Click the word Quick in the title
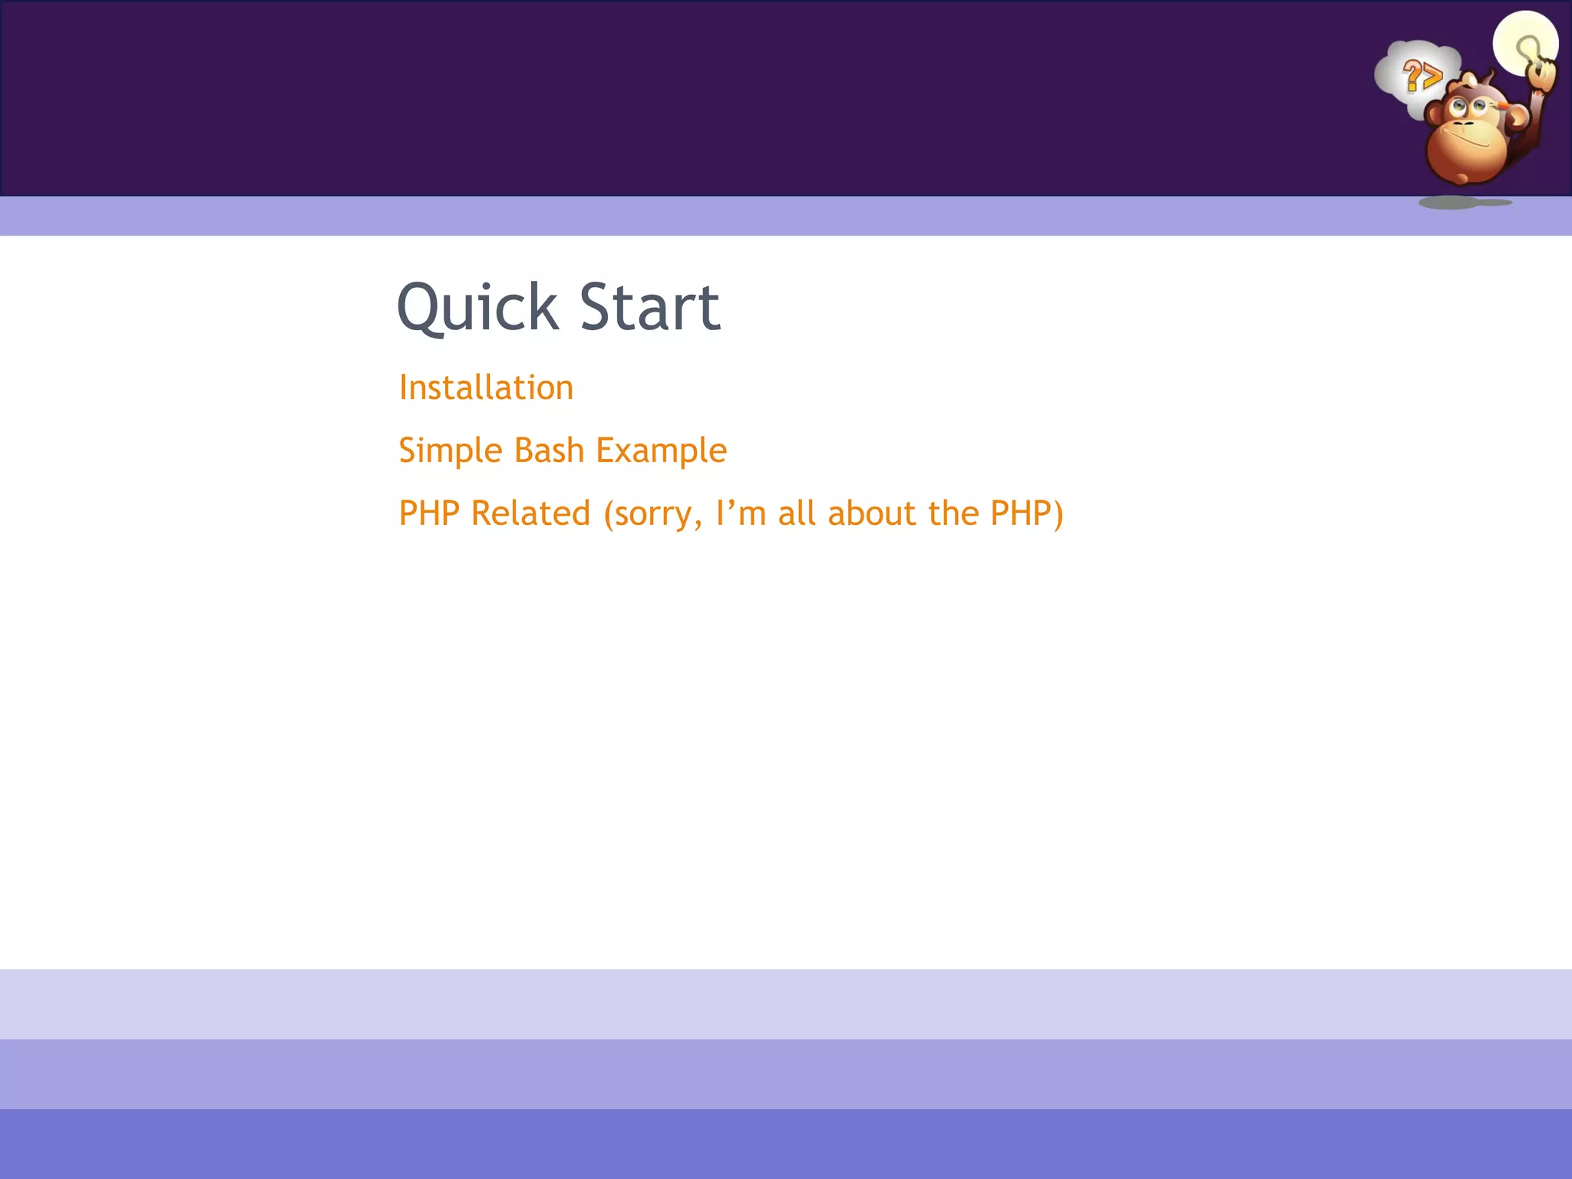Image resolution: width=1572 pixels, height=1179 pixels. coord(477,308)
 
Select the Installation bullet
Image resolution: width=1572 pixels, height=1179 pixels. coord(486,388)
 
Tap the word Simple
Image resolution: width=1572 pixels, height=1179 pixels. coord(450,451)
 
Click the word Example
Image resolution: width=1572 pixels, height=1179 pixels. coord(661,451)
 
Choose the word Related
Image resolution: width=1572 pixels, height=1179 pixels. coord(530,514)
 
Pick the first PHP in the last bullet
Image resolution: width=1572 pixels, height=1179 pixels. coord(429,514)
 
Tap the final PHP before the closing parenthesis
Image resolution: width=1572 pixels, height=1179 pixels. coord(1021,514)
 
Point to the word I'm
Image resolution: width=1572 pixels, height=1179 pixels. coord(741,514)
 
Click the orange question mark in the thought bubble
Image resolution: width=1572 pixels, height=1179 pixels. coord(1412,77)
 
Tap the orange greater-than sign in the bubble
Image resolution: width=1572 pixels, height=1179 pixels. coord(1432,77)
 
